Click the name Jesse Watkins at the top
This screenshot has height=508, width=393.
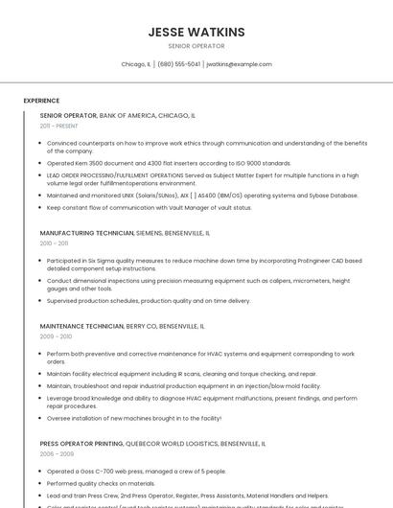click(196, 32)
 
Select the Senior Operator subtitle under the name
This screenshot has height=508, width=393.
click(196, 46)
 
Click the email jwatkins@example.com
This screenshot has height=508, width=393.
click(240, 64)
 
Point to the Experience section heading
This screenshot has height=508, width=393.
click(41, 101)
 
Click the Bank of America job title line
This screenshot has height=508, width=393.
click(117, 115)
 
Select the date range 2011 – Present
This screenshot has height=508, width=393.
click(58, 126)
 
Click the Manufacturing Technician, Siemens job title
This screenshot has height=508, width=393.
click(125, 233)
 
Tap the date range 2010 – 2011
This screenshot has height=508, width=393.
click(54, 243)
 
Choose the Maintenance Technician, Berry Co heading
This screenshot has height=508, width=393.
click(122, 326)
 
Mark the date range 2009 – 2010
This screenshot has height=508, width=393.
click(56, 336)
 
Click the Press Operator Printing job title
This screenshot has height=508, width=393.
click(152, 445)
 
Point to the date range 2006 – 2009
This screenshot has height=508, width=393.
click(56, 455)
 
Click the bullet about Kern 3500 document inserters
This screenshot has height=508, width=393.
click(169, 164)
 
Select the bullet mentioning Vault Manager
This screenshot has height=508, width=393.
click(149, 207)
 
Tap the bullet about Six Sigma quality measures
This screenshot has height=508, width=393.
click(204, 265)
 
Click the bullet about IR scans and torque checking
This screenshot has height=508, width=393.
click(181, 374)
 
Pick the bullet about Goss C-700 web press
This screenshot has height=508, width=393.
click(136, 472)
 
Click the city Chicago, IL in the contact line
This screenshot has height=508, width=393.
click(135, 64)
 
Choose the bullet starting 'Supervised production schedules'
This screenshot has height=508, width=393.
click(149, 300)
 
